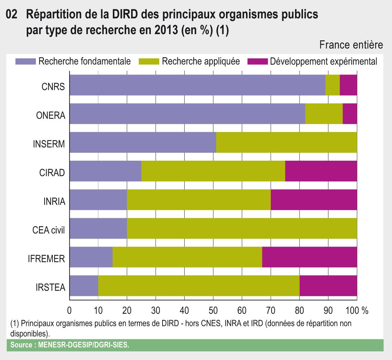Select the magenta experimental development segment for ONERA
[350, 113]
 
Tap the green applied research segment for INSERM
[286, 142]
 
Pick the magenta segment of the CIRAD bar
[321, 171]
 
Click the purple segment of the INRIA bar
[98, 200]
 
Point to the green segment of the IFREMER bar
[187, 257]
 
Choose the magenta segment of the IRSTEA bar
[328, 286]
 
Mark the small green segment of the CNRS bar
[332, 85]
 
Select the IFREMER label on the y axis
[46, 259]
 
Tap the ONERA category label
[50, 115]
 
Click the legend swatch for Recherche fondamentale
[25, 62]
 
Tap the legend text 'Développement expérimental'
[324, 62]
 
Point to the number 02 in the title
[12, 16]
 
